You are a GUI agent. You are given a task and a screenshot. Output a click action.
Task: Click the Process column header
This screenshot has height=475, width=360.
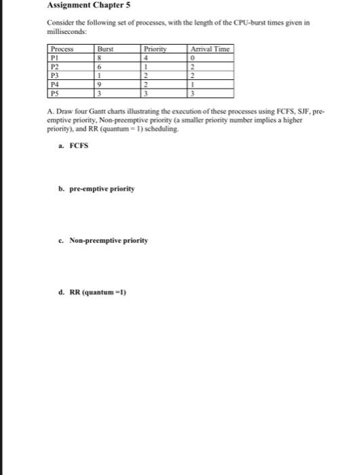pyautogui.click(x=62, y=48)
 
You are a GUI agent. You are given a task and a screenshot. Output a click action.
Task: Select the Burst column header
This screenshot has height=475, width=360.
pyautogui.click(x=106, y=48)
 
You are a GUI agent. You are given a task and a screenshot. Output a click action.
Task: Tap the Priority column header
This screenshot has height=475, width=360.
pyautogui.click(x=155, y=48)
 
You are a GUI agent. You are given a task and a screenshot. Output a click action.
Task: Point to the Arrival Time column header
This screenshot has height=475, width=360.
pyautogui.click(x=211, y=48)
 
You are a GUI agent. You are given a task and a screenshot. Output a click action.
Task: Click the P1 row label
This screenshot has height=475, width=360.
pyautogui.click(x=54, y=58)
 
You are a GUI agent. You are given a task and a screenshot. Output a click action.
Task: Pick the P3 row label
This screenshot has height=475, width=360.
pyautogui.click(x=54, y=75)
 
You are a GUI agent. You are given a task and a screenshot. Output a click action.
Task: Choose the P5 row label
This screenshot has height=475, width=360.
pyautogui.click(x=54, y=93)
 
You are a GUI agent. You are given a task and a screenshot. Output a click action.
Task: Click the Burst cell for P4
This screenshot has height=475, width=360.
pyautogui.click(x=100, y=84)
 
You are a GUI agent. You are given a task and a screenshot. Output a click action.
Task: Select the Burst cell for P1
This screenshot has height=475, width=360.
pyautogui.click(x=100, y=58)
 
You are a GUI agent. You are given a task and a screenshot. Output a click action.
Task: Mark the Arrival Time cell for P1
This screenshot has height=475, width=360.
pyautogui.click(x=193, y=58)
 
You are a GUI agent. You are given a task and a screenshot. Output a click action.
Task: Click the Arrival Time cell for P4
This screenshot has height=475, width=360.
pyautogui.click(x=193, y=84)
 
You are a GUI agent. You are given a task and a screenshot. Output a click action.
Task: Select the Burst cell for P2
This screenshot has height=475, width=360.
pyautogui.click(x=100, y=66)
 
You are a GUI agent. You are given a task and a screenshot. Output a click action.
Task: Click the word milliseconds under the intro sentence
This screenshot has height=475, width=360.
pyautogui.click(x=67, y=31)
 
